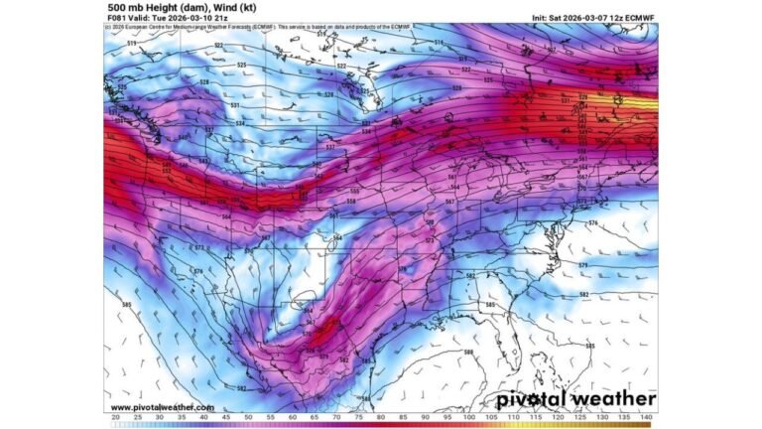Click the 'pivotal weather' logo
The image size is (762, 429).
point(575,398)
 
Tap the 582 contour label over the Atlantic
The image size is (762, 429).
point(583,295)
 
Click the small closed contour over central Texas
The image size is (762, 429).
point(306,297)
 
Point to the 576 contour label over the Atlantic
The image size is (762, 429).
point(592,224)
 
